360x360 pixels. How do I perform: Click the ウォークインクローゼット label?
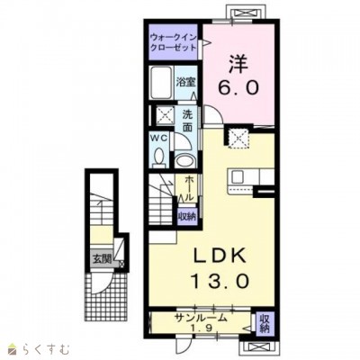(x=174, y=42)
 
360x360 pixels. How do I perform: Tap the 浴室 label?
(x=185, y=82)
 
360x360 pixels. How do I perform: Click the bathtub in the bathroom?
(x=162, y=82)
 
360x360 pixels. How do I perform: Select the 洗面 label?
(x=188, y=121)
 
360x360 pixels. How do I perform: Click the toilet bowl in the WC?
(x=158, y=158)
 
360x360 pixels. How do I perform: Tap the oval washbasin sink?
(x=184, y=161)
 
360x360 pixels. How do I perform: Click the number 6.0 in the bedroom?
(x=238, y=88)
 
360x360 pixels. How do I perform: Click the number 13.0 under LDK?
(x=220, y=282)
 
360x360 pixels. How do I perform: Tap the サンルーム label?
(x=202, y=318)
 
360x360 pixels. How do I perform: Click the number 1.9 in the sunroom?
(x=202, y=328)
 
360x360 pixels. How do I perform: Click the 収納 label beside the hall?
(x=187, y=216)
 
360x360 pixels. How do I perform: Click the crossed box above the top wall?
(x=245, y=13)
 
